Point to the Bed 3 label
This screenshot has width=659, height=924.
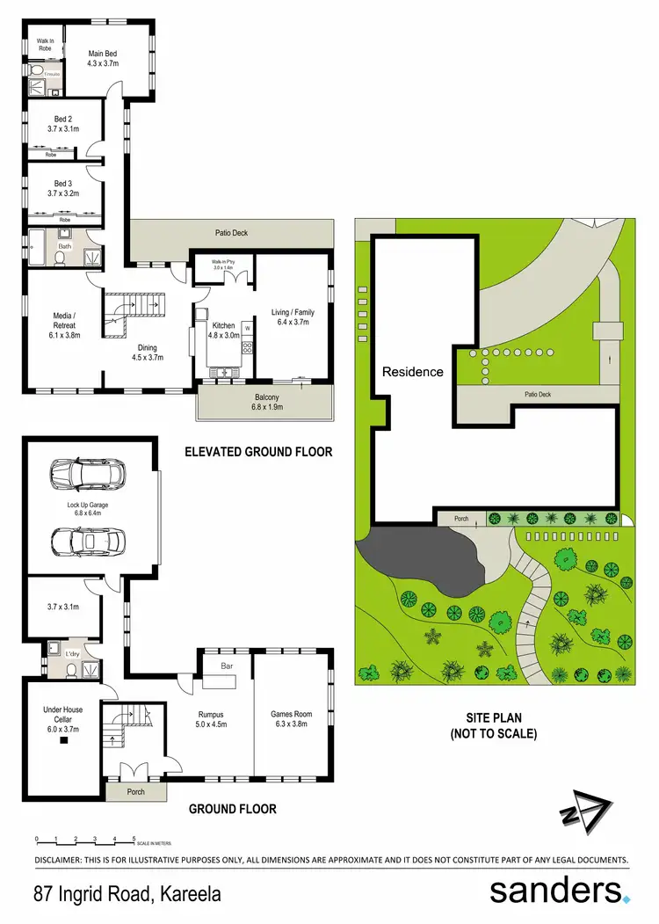tap(63, 184)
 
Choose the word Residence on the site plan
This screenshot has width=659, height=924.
tap(412, 372)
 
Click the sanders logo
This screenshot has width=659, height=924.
tap(559, 891)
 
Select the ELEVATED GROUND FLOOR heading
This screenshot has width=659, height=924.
tap(258, 452)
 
